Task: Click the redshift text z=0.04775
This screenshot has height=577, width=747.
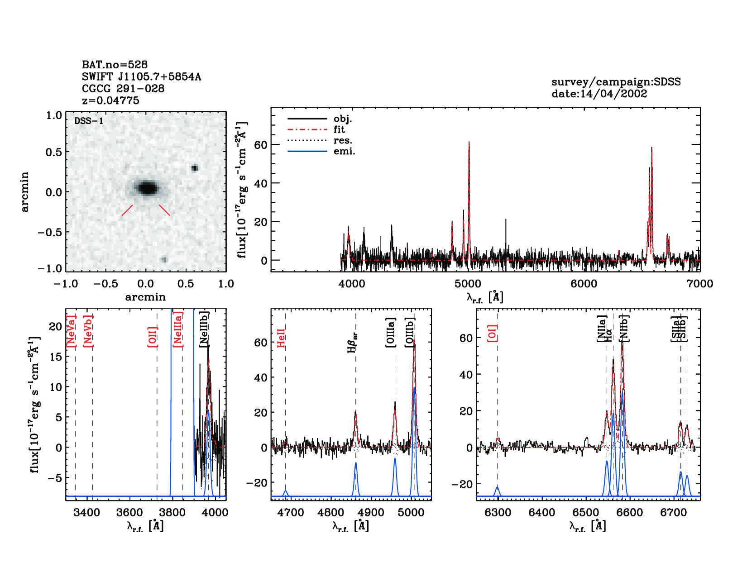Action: coord(110,100)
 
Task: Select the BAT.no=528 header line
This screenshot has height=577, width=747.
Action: coord(115,65)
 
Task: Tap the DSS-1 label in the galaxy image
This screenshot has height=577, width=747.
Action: coord(88,121)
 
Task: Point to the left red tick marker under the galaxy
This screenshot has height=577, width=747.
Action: coord(127,210)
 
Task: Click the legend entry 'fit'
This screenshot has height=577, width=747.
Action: coord(339,129)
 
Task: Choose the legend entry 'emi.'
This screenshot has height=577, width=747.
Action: coord(344,151)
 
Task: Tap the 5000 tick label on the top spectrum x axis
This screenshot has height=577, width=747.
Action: coord(468,284)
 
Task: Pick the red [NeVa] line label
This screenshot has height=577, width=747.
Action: coord(71,331)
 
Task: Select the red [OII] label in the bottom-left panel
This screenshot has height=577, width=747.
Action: coord(152,336)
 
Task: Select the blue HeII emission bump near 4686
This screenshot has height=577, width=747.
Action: coord(286,492)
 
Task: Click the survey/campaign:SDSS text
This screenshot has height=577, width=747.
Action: coord(616,82)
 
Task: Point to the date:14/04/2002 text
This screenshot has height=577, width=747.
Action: coord(599,94)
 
